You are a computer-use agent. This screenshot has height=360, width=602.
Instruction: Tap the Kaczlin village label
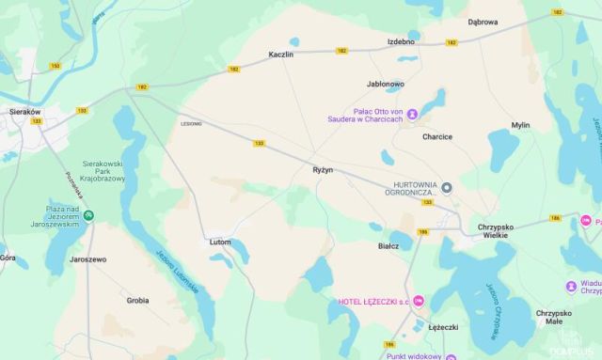pyautogui.click(x=281, y=55)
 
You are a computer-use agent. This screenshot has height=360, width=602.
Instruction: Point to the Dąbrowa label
pyautogui.click(x=483, y=22)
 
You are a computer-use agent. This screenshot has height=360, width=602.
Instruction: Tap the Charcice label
pyautogui.click(x=437, y=136)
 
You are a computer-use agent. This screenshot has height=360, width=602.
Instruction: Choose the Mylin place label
pyautogui.click(x=520, y=125)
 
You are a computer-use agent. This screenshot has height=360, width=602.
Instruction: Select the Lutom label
pyautogui.click(x=220, y=242)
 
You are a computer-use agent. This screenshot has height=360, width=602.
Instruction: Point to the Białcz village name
pyautogui.click(x=388, y=245)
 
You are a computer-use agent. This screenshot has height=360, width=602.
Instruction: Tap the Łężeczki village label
pyautogui.click(x=443, y=326)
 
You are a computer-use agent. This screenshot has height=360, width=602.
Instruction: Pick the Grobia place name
pyautogui.click(x=138, y=300)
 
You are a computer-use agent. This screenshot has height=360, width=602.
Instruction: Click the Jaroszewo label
pyautogui.click(x=88, y=258)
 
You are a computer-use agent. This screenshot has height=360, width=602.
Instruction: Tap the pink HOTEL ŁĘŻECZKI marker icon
pyautogui.click(x=419, y=301)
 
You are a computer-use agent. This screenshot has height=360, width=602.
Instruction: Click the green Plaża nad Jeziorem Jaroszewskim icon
pyautogui.click(x=88, y=215)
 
